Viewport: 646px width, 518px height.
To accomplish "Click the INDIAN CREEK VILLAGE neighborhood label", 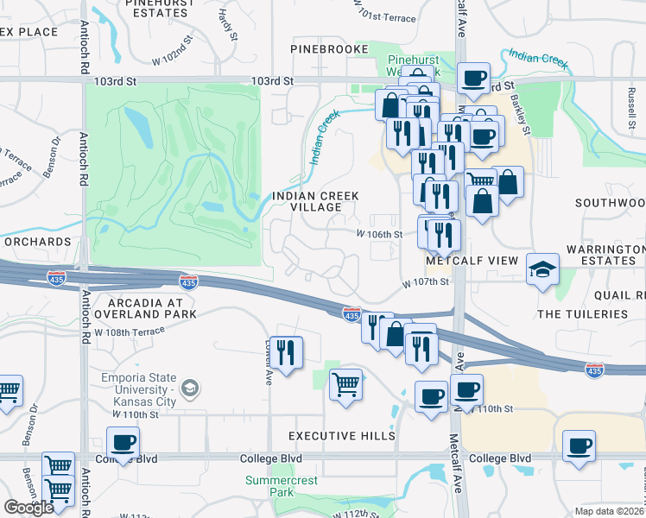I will point(315,202).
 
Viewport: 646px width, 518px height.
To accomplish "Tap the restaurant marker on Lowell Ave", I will point(286,351).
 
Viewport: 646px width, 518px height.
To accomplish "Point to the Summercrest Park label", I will point(282,486).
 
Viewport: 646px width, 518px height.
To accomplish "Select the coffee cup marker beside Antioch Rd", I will point(123,442).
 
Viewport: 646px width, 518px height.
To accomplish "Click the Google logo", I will point(28,507).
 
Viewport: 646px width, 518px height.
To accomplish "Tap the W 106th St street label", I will point(380,234).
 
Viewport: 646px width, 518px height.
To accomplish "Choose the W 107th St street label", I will point(426,281).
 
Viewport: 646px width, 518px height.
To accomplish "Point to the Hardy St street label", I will point(226,23).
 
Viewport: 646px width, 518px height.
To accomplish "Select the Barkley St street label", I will point(519,111).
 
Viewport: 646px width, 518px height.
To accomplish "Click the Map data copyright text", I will point(609,511).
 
